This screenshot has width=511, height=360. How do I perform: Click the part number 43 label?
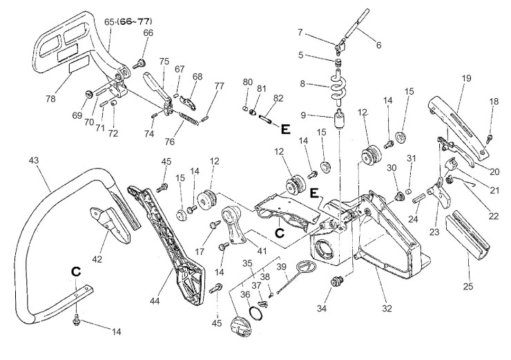tap(34, 160)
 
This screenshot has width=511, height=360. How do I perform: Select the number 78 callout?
tap(50, 98)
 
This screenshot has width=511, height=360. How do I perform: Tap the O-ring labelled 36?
tap(256, 314)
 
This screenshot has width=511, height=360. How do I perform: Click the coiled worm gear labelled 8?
tap(337, 87)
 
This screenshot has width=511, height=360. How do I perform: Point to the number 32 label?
tap(387, 308)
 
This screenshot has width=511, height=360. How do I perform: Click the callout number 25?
tap(468, 287)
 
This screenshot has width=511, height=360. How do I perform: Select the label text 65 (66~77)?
tap(128, 21)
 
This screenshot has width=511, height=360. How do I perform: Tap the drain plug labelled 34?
tap(336, 281)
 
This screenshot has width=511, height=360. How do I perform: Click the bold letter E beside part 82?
tap(286, 129)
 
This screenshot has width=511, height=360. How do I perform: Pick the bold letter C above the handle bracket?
tap(75, 272)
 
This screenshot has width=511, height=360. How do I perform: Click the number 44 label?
tap(155, 301)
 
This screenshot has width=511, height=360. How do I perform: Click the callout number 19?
tap(467, 79)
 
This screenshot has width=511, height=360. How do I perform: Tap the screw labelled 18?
tap(489, 138)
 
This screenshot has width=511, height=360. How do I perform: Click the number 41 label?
tap(262, 251)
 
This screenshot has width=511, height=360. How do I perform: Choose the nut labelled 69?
tap(88, 94)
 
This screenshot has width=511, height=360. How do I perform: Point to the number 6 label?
tap(378, 45)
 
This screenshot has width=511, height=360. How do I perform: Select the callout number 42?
tap(97, 259)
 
